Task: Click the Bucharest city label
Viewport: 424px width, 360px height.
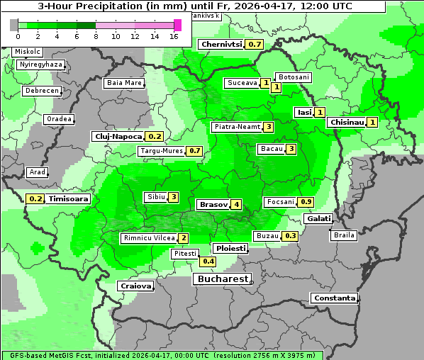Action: [221, 279]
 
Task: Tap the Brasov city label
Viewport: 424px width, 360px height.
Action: [213, 204]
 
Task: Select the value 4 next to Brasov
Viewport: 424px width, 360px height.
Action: [236, 204]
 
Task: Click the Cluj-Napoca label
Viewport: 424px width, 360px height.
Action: [118, 136]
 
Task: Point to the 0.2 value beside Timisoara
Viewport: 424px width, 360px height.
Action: [35, 199]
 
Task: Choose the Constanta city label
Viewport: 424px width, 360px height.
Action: [334, 298]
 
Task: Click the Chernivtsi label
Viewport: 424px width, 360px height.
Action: [221, 44]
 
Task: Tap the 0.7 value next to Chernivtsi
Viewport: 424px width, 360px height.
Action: [255, 44]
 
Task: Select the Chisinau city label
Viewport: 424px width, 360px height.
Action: [347, 122]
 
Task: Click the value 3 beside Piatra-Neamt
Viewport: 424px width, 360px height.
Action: [269, 127]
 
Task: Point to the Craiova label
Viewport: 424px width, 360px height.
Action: [135, 286]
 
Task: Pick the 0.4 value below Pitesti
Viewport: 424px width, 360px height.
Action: [208, 261]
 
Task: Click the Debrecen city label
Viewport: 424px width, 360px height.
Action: [41, 91]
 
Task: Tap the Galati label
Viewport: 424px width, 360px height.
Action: [318, 219]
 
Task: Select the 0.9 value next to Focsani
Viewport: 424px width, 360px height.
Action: [306, 202]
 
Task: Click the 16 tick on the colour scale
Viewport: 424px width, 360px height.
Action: [174, 36]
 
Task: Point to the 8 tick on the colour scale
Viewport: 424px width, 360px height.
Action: [96, 36]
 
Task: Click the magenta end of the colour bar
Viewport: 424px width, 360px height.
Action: [177, 25]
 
